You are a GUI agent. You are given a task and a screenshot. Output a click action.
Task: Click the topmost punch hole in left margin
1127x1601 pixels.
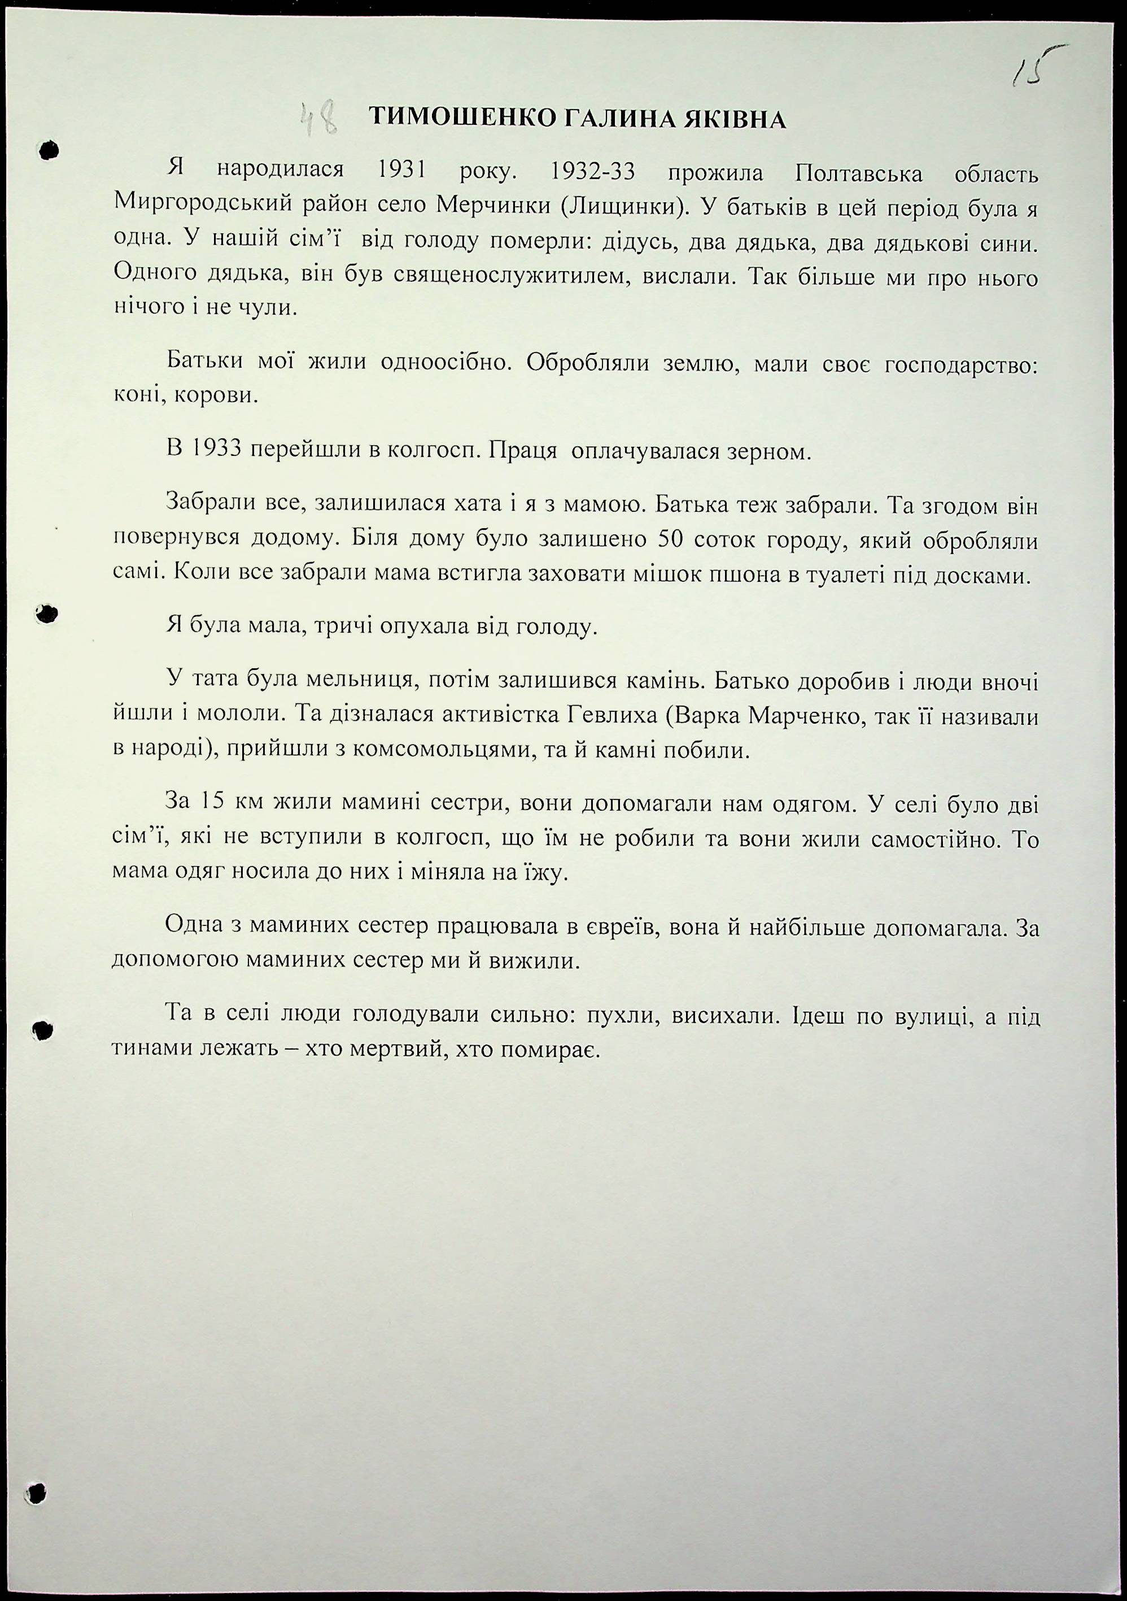pos(47,150)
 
